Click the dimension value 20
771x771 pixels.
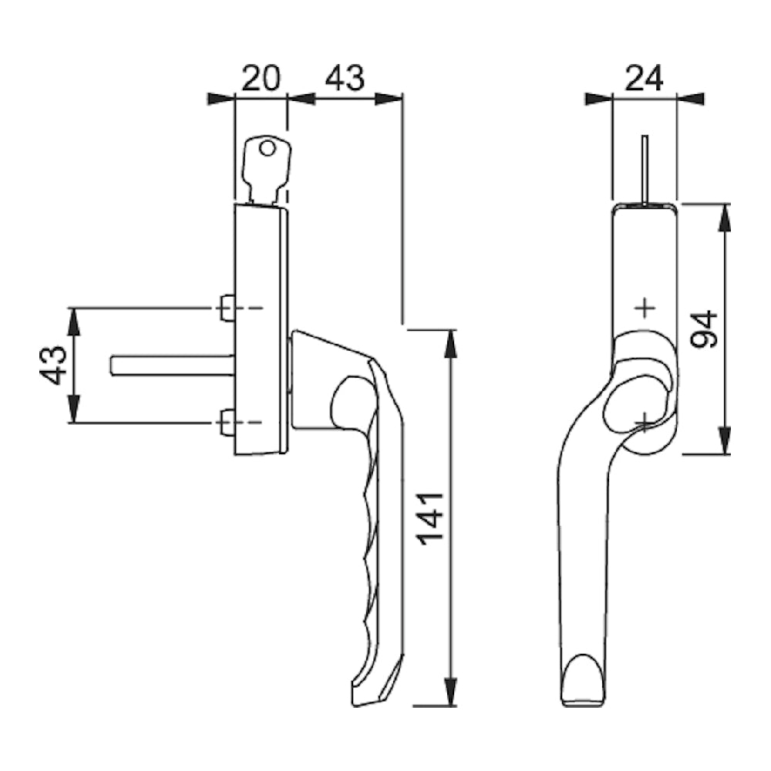pos(261,78)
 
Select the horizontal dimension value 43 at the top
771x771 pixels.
pos(345,78)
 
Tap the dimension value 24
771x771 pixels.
pos(644,78)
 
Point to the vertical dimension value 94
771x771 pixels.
pos(704,329)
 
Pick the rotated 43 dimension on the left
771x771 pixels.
pos(52,365)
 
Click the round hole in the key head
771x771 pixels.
pos(267,148)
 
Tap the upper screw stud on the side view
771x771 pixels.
pos(227,308)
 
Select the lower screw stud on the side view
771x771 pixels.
pos(227,423)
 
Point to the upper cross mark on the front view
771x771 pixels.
pos(645,308)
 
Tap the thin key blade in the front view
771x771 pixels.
pos(645,169)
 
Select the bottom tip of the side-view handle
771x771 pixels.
pos(366,705)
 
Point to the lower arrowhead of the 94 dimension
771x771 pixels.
pos(723,441)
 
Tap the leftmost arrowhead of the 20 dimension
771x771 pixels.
pos(221,99)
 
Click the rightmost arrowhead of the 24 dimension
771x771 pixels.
pos(690,99)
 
